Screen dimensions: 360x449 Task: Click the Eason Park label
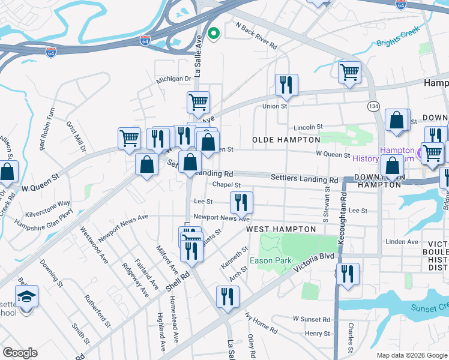[x=271, y=260]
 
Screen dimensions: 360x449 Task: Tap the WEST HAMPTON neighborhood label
[x=281, y=229]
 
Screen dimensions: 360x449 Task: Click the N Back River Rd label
[x=256, y=36]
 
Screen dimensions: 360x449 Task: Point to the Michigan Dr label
[x=173, y=79]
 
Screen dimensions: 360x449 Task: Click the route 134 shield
[x=374, y=106]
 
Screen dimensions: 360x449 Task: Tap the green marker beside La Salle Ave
[x=213, y=34]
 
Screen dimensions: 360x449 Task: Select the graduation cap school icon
[x=26, y=296]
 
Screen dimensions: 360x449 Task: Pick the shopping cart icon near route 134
[x=349, y=72]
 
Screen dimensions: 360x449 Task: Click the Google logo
[x=20, y=353]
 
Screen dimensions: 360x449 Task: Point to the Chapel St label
[x=226, y=185]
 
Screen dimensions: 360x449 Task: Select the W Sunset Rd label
[x=312, y=319]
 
